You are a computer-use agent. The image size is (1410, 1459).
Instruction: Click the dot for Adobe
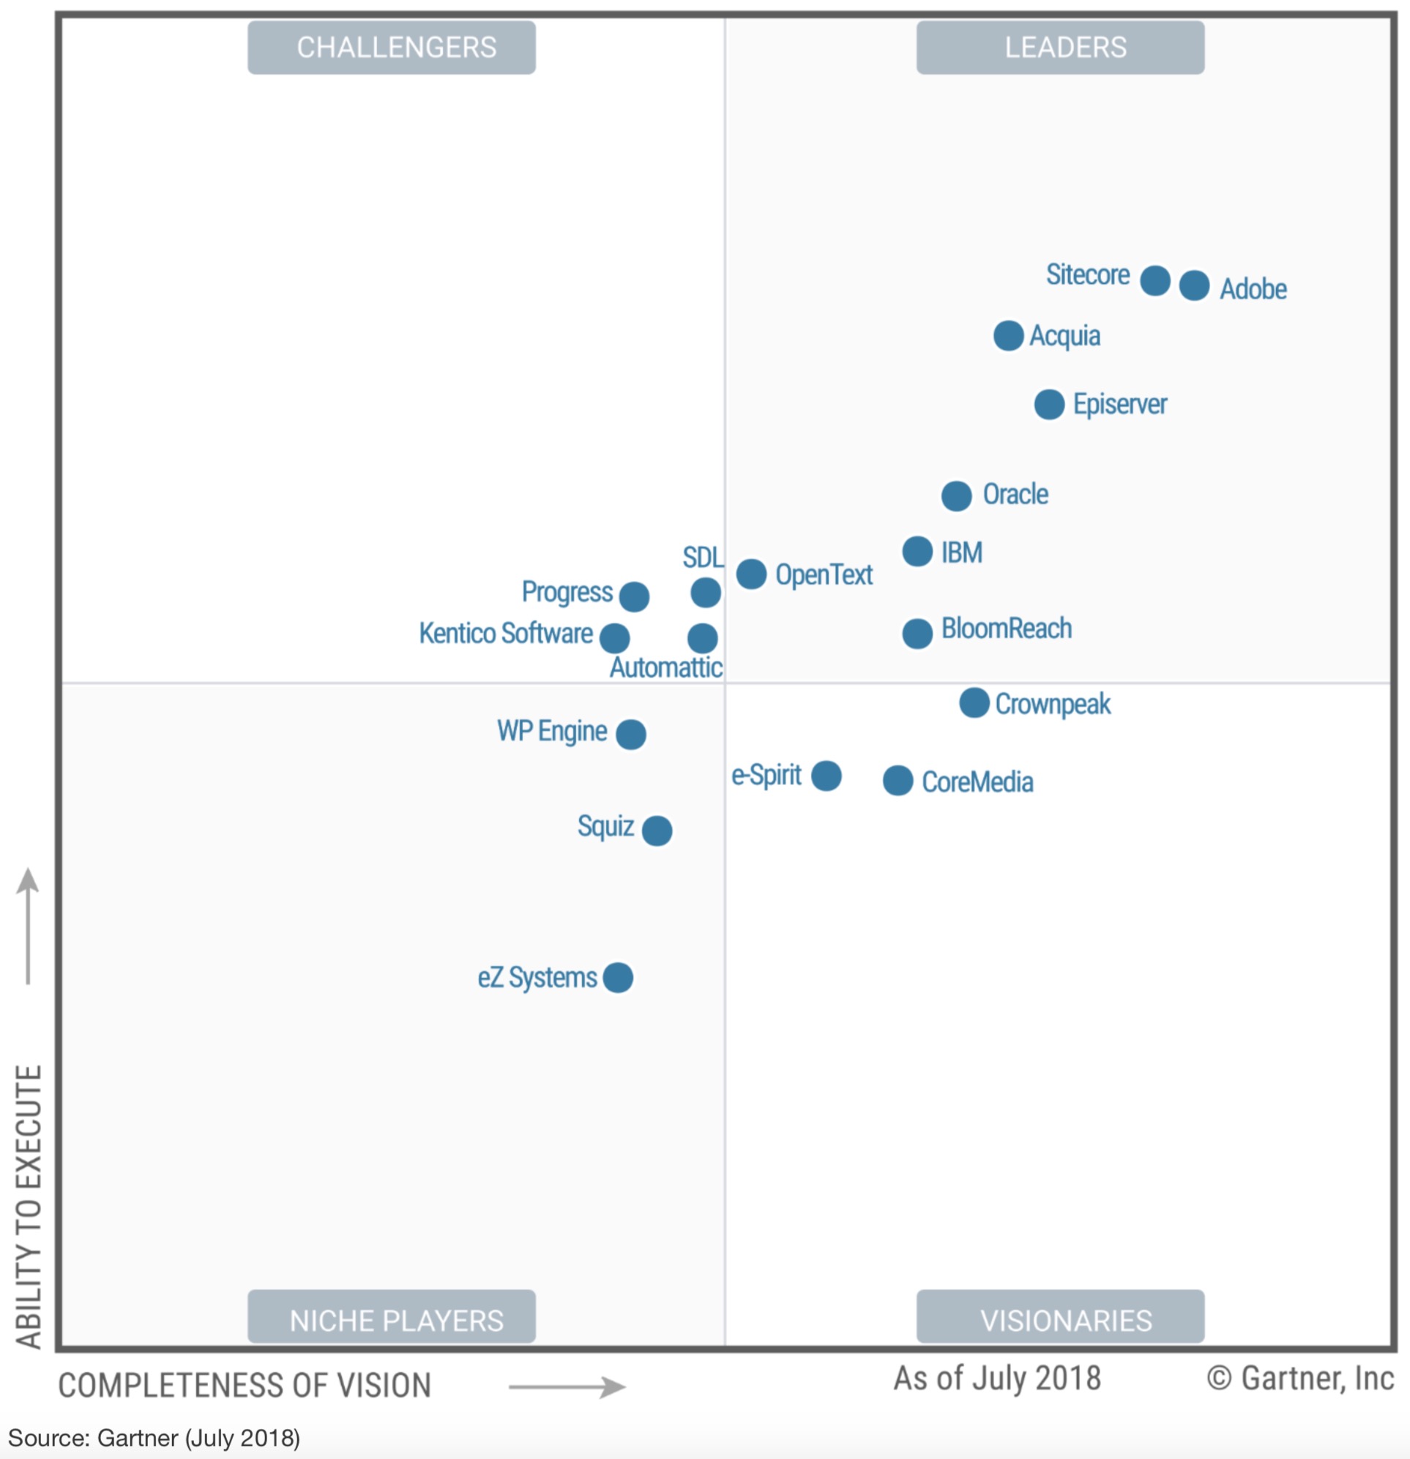[x=1194, y=286]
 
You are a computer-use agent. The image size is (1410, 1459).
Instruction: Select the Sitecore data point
[x=1155, y=281]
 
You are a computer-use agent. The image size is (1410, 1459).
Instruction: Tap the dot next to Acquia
[x=1008, y=336]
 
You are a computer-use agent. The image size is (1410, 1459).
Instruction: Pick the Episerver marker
[x=1049, y=404]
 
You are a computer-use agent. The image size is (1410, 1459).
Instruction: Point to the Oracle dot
[x=955, y=496]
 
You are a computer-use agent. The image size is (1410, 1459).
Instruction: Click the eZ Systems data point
[x=617, y=978]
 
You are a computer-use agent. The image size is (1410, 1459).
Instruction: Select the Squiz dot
[x=656, y=830]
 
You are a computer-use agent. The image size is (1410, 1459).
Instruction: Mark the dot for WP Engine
[x=630, y=735]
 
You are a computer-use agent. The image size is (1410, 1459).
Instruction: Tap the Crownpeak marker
[x=974, y=702]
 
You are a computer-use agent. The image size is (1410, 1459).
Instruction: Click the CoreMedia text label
[x=977, y=781]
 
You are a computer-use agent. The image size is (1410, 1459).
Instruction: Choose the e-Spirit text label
[x=766, y=775]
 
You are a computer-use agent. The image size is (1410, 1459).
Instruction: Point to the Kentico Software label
[x=505, y=634]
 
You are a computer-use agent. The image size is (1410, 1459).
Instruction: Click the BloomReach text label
[x=1006, y=629]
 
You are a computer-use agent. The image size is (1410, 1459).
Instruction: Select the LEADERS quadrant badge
[x=1059, y=48]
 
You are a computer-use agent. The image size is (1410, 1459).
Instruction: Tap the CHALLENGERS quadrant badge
[x=391, y=48]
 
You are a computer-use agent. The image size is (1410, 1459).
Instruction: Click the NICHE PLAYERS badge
[x=391, y=1320]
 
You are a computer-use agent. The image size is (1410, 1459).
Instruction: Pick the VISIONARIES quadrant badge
[x=1059, y=1320]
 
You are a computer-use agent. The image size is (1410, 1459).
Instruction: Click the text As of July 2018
[x=996, y=1378]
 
